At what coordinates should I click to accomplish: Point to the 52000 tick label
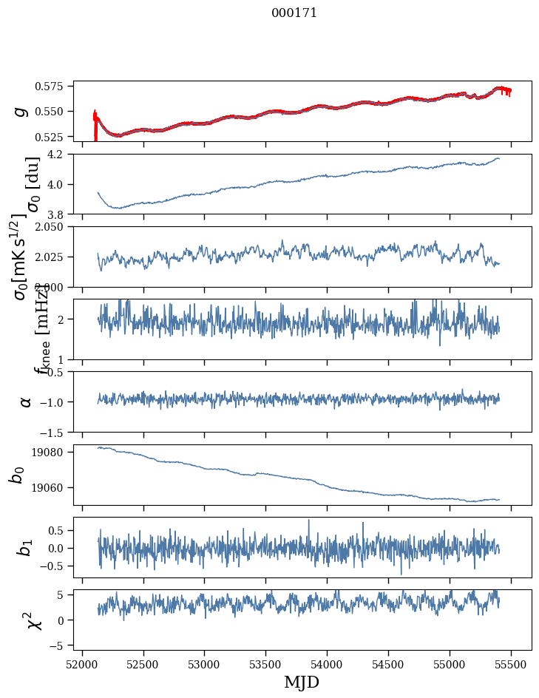click(x=82, y=665)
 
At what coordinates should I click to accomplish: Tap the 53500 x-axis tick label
click(x=266, y=665)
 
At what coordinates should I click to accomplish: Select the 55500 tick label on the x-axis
click(x=512, y=665)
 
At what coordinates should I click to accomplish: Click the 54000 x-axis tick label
click(x=328, y=665)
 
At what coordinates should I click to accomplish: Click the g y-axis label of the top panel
click(x=22, y=111)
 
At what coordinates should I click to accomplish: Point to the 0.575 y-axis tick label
click(x=55, y=86)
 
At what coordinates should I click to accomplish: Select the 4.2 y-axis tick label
click(x=60, y=155)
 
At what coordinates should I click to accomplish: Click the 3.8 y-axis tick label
click(x=60, y=214)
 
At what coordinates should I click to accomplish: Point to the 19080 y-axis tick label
click(x=53, y=452)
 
